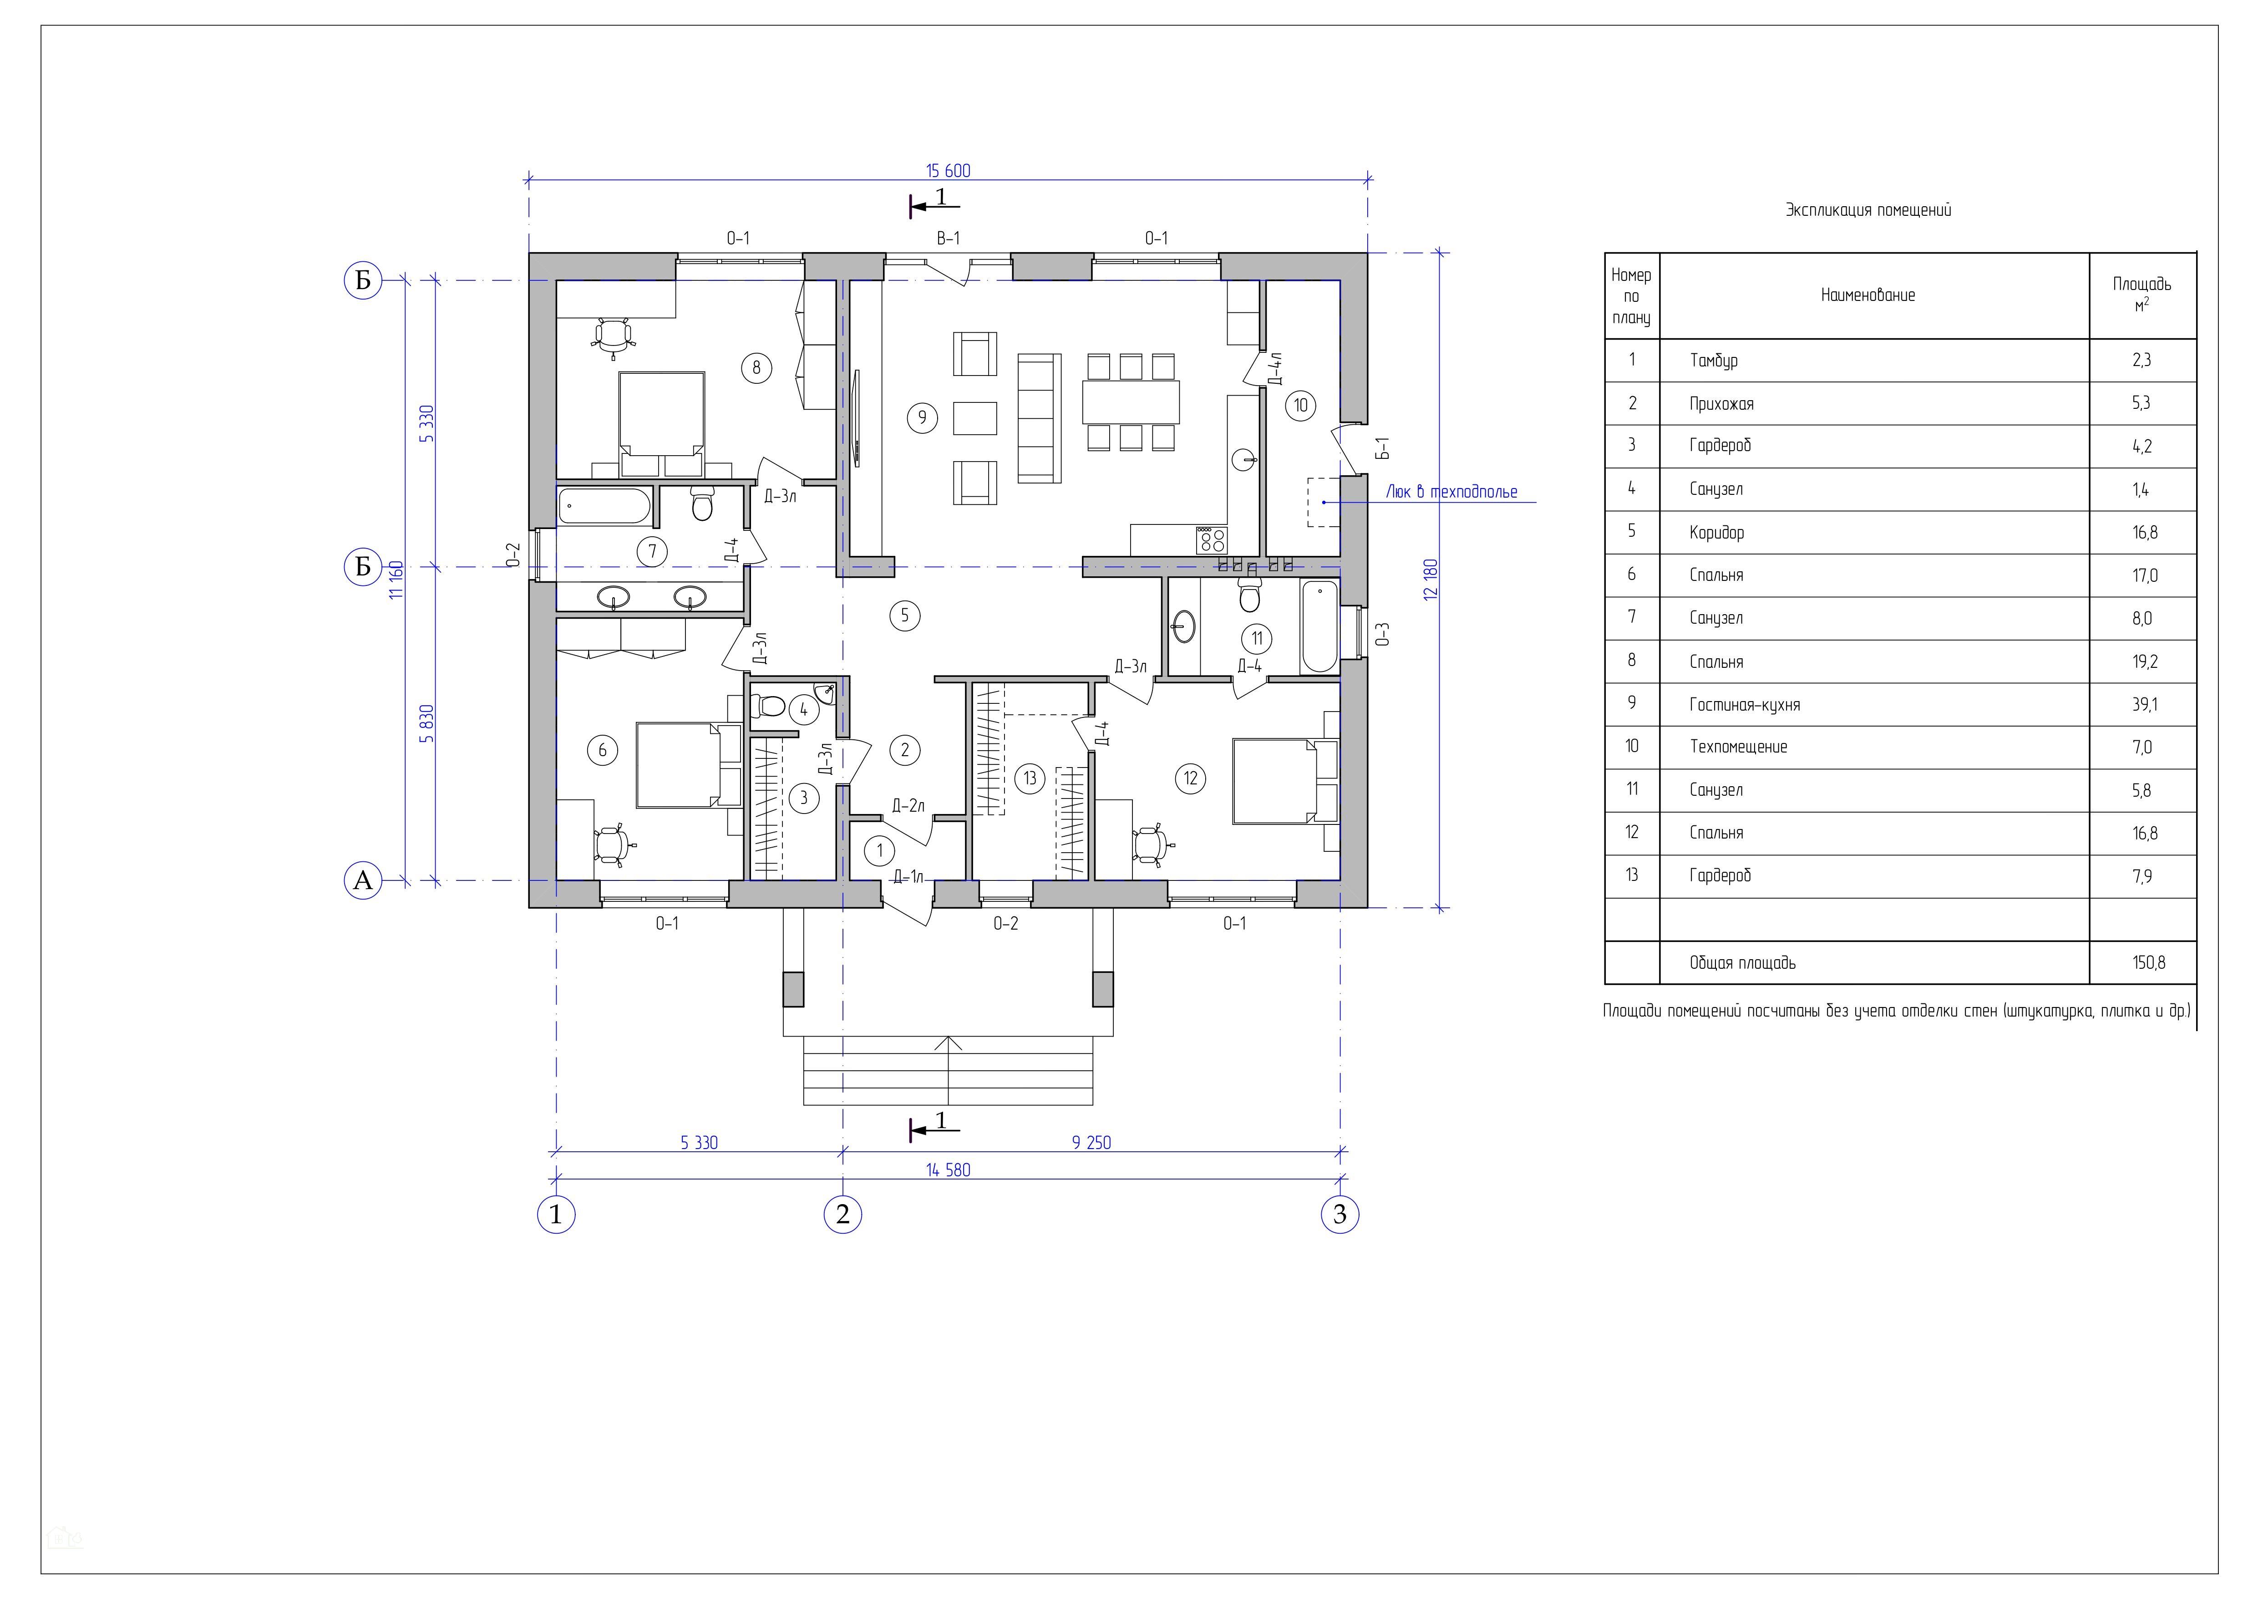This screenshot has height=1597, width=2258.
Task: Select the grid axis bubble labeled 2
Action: point(843,1215)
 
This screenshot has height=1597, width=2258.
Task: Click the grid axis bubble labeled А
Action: point(363,880)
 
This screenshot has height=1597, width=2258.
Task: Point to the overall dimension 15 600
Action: point(948,171)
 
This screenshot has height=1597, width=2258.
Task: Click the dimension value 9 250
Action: point(1091,1143)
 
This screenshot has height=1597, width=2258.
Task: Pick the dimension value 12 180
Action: point(1431,579)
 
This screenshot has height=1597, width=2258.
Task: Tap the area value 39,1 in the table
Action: point(2142,704)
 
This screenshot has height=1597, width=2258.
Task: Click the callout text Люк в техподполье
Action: point(1451,492)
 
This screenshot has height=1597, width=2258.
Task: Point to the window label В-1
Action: point(948,238)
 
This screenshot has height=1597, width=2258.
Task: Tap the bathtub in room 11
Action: point(1319,626)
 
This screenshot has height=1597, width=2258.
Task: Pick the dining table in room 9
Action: point(1130,401)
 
